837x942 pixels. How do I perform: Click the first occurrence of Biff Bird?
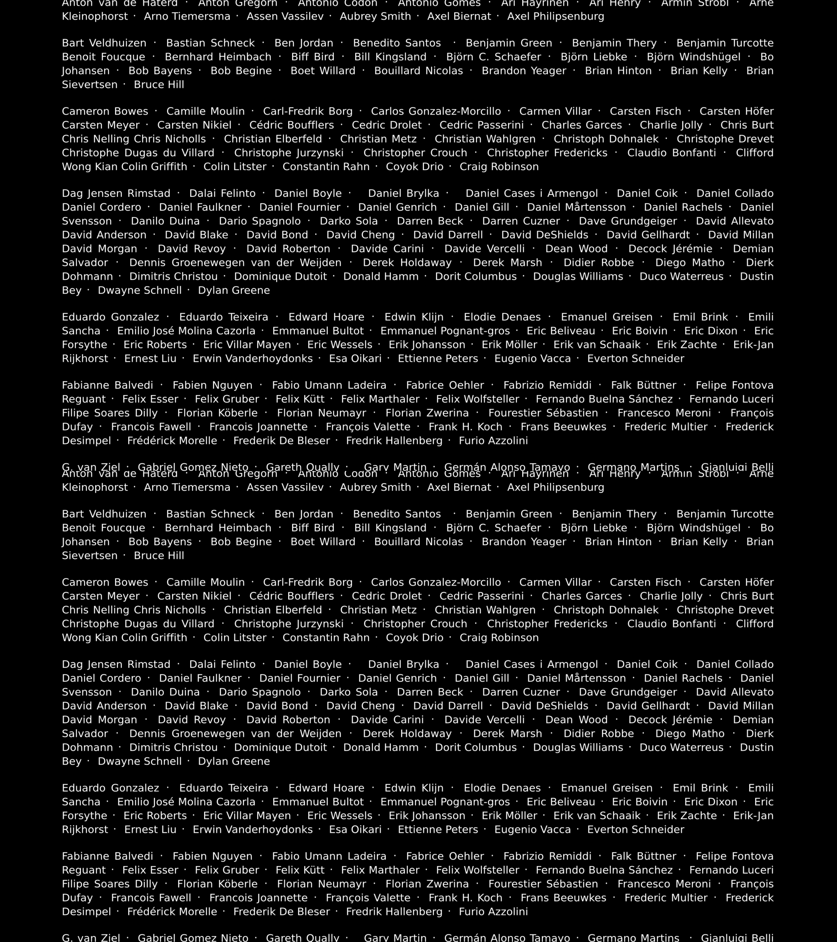(313, 57)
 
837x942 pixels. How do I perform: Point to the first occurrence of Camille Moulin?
(205, 112)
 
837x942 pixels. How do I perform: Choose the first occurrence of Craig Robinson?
(499, 167)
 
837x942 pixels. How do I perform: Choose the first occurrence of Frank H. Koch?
(465, 427)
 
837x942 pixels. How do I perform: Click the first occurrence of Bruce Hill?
(159, 85)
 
